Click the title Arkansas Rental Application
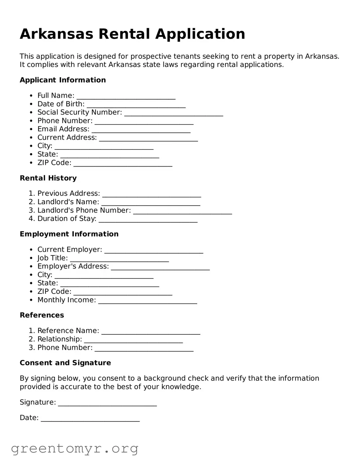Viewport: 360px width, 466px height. click(x=132, y=34)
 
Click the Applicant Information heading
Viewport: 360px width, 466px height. click(x=63, y=80)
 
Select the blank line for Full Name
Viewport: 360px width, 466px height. click(x=126, y=97)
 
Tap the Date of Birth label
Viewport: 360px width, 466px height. click(x=61, y=104)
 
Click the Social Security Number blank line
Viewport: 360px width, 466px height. click(x=173, y=113)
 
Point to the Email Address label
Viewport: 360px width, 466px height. click(x=63, y=129)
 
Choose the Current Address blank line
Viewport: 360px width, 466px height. click(x=148, y=139)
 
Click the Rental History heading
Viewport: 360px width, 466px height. click(x=48, y=178)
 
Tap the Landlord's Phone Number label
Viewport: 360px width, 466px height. click(x=84, y=211)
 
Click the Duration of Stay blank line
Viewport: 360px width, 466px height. click(x=148, y=220)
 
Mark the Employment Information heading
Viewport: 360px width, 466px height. click(x=69, y=234)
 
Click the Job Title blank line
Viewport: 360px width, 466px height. click(x=119, y=259)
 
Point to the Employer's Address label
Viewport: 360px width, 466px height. click(x=73, y=266)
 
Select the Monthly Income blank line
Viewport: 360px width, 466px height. click(x=148, y=301)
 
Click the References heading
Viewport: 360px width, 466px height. click(x=42, y=315)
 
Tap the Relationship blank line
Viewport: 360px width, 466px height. click(x=134, y=340)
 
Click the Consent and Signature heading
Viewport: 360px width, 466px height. click(x=65, y=363)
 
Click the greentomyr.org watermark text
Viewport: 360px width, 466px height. click(x=74, y=449)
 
